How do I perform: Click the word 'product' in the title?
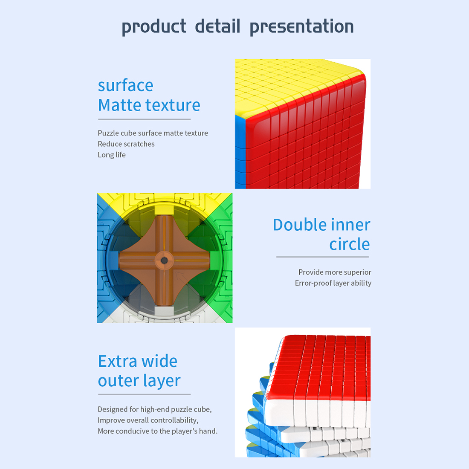[x=154, y=26]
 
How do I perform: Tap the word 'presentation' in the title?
[x=301, y=26]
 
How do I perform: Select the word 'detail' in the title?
[x=217, y=26]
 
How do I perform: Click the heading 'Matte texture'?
[x=149, y=105]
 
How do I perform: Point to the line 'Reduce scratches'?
[x=126, y=144]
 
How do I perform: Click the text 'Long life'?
[x=112, y=155]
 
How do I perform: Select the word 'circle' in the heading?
[x=349, y=244]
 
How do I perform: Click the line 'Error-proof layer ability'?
[x=333, y=283]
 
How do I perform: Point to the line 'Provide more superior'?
[x=335, y=272]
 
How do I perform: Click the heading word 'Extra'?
[x=117, y=361]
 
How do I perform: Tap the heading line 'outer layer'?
[x=139, y=381]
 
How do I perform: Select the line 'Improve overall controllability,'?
[x=148, y=420]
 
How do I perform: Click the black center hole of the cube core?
[x=164, y=261]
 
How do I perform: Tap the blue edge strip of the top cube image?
[x=240, y=152]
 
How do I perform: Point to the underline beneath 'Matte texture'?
[x=144, y=119]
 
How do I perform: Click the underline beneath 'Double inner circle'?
[x=322, y=257]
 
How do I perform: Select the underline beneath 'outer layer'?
[x=144, y=394]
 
